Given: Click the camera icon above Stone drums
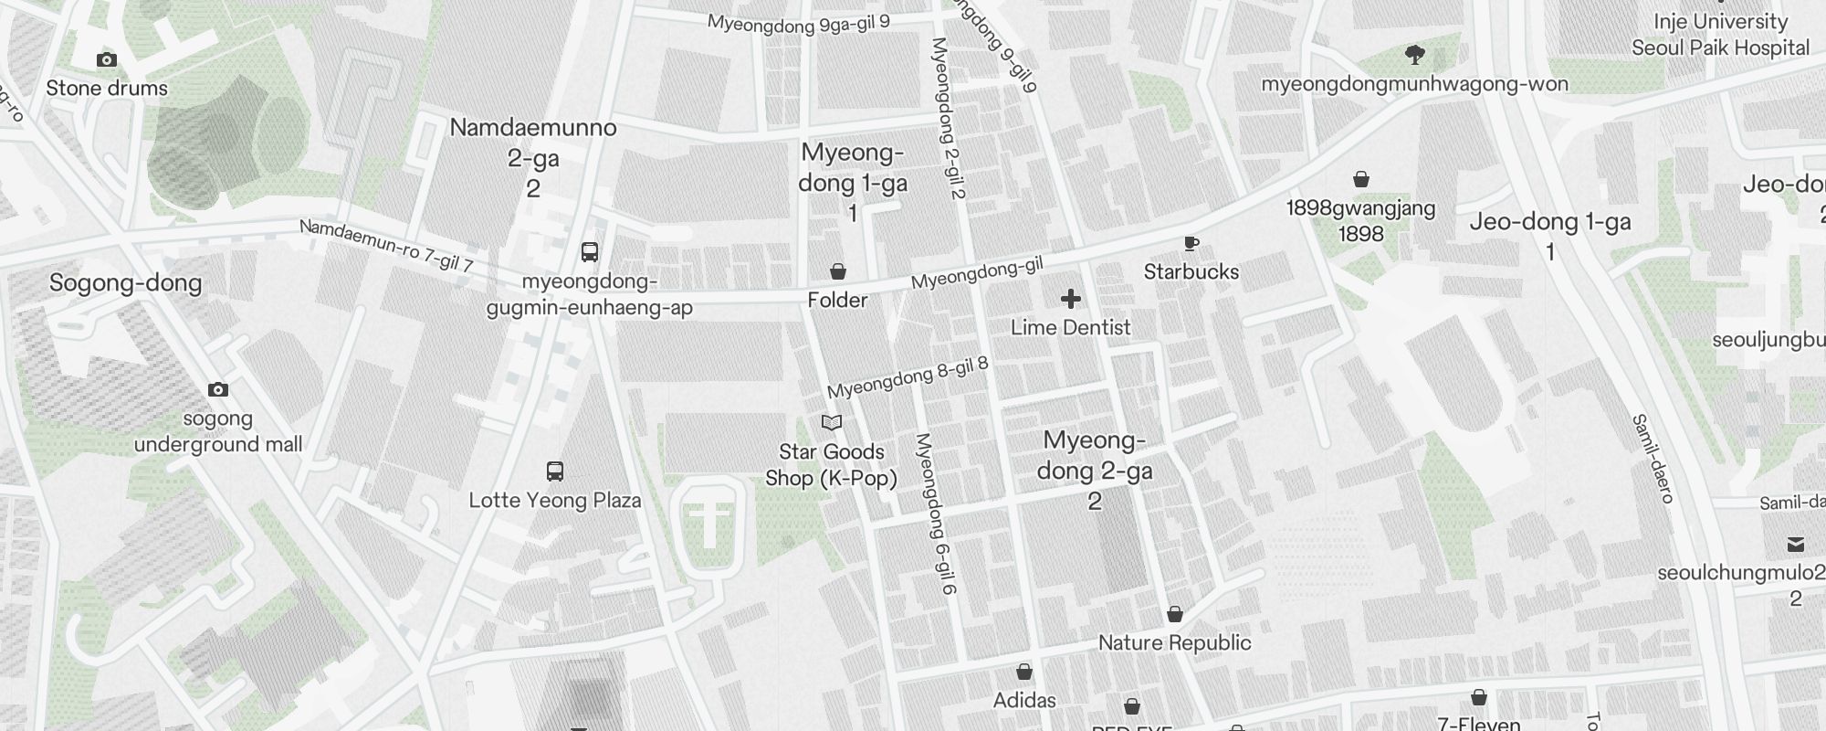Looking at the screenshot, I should pyautogui.click(x=107, y=60).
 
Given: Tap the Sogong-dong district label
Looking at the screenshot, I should pyautogui.click(x=125, y=282).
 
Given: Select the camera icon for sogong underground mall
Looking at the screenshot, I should pyautogui.click(x=217, y=390).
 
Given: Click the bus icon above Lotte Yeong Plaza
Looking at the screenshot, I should pyautogui.click(x=554, y=471).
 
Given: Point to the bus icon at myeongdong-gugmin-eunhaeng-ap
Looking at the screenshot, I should pyautogui.click(x=590, y=251).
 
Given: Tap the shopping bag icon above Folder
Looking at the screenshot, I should pyautogui.click(x=837, y=271).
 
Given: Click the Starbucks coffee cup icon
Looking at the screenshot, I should pyautogui.click(x=1191, y=244).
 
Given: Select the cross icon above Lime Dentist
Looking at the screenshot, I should pyautogui.click(x=1071, y=299).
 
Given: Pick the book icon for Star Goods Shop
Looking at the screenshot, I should pyautogui.click(x=832, y=422).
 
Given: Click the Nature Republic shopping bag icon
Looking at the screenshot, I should pyautogui.click(x=1175, y=614).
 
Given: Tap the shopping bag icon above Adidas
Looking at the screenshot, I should pyautogui.click(x=1024, y=673).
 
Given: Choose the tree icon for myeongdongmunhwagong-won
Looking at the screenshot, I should pyautogui.click(x=1415, y=56).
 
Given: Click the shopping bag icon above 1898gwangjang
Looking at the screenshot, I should pyautogui.click(x=1361, y=179).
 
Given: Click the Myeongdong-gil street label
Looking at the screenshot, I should pyautogui.click(x=977, y=273).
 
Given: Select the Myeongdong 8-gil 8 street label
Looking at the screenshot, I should pyautogui.click(x=908, y=377).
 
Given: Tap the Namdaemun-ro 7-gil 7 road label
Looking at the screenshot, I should pyautogui.click(x=386, y=245).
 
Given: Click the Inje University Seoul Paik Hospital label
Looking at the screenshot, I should pyautogui.click(x=1720, y=35).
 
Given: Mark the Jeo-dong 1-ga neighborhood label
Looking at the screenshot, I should pyautogui.click(x=1549, y=222).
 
